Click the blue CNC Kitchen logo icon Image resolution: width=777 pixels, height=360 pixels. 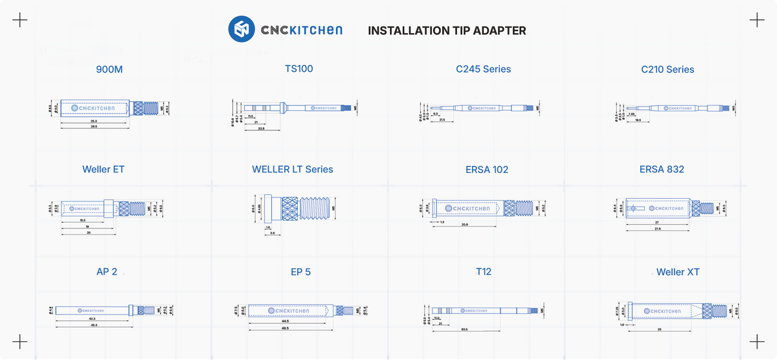[241, 30]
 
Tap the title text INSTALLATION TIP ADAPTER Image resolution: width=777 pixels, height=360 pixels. [447, 30]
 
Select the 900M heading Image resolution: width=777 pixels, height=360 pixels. [109, 69]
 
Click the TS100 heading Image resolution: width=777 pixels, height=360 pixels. [298, 69]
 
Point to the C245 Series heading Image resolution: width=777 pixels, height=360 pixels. [483, 69]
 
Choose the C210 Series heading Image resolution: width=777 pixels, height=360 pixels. [668, 69]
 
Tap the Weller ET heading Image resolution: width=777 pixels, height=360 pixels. [103, 170]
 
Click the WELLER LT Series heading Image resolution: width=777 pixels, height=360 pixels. [293, 170]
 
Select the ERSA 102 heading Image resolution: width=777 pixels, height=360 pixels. [487, 170]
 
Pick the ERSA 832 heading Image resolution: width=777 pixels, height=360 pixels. [662, 170]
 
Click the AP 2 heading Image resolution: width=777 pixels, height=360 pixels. [107, 272]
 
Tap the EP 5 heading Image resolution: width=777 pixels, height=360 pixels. [300, 272]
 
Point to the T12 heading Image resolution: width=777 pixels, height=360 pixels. [484, 271]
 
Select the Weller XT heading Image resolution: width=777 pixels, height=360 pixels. [678, 272]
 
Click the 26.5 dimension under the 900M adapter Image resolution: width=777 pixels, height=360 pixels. [94, 127]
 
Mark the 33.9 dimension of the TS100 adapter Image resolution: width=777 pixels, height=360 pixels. [261, 129]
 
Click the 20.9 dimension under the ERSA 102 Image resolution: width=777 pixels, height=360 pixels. [465, 225]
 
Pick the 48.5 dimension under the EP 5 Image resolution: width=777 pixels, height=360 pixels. [285, 328]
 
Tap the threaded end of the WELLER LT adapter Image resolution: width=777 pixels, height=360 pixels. [315, 208]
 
